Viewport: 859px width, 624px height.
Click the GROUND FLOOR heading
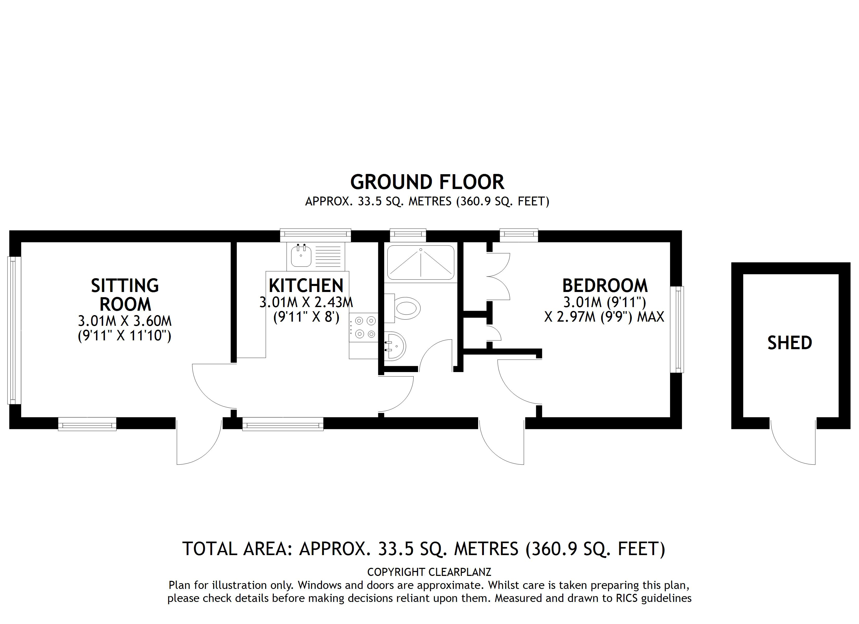click(x=427, y=183)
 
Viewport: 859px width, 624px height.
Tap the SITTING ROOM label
click(x=125, y=295)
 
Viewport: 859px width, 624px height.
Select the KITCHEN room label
click(x=306, y=286)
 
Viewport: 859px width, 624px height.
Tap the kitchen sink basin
click(x=301, y=256)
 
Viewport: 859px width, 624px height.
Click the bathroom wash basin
click(x=396, y=346)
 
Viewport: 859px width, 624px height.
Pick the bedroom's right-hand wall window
click(x=677, y=329)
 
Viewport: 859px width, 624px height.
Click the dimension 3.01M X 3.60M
click(x=125, y=321)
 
